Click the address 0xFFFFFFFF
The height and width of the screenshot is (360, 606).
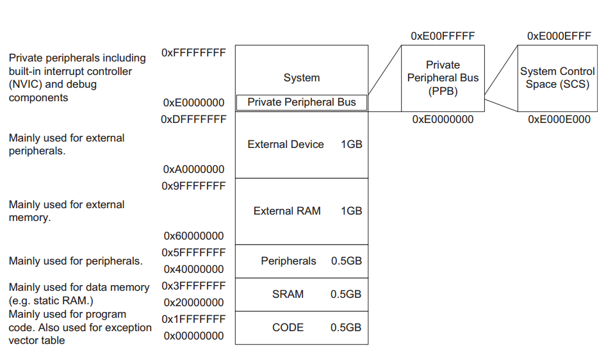click(x=194, y=53)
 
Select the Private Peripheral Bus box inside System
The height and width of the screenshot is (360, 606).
click(x=301, y=102)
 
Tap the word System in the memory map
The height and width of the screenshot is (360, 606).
click(x=301, y=78)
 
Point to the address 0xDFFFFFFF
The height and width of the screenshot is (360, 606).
click(x=194, y=119)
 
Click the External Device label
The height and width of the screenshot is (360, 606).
click(x=286, y=144)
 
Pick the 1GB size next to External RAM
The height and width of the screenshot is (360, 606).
click(x=351, y=211)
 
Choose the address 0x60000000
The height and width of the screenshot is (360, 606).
click(x=194, y=236)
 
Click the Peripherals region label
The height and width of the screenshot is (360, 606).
click(x=288, y=261)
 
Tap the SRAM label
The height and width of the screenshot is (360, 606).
click(x=288, y=294)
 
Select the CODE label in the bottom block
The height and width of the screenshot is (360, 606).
click(x=288, y=327)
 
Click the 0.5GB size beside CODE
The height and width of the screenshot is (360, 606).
click(x=346, y=327)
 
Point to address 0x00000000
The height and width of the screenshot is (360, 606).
click(x=194, y=336)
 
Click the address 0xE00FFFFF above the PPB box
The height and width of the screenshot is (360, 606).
click(x=443, y=37)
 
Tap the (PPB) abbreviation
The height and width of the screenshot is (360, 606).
click(x=443, y=91)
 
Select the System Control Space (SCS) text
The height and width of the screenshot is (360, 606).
click(x=557, y=78)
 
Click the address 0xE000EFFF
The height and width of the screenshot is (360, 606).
click(x=559, y=37)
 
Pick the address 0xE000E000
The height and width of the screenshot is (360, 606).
click(x=559, y=119)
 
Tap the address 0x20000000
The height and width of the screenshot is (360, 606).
click(x=194, y=302)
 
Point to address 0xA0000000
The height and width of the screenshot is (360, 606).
click(x=194, y=169)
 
